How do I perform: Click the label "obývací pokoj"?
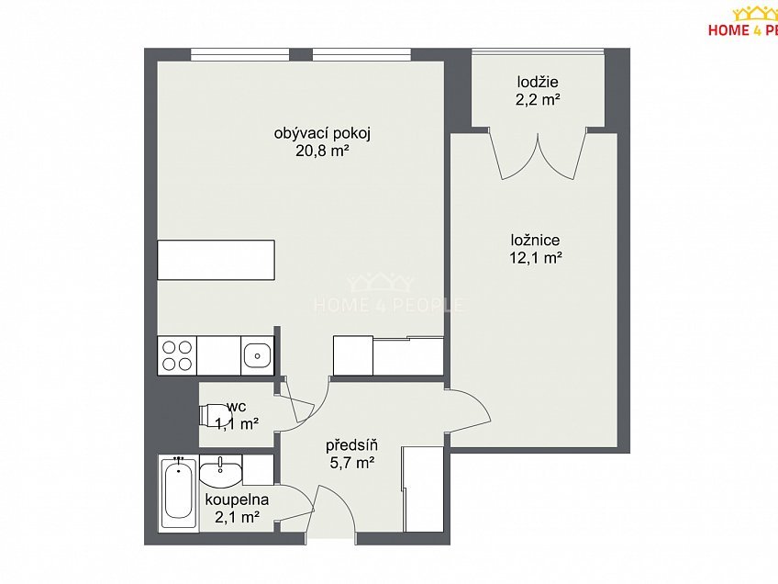pyautogui.click(x=323, y=134)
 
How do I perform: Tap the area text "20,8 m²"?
pyautogui.click(x=320, y=151)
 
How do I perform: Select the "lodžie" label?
pyautogui.click(x=538, y=82)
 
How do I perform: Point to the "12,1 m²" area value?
pyautogui.click(x=536, y=258)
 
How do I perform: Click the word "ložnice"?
pyautogui.click(x=536, y=241)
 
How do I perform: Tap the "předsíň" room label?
pyautogui.click(x=351, y=445)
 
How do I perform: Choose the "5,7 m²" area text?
pyautogui.click(x=351, y=463)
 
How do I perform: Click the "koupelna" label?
pyautogui.click(x=238, y=500)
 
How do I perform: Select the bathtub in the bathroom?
pyautogui.click(x=178, y=492)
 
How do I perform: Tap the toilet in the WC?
pyautogui.click(x=213, y=415)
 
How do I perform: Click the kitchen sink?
pyautogui.click(x=257, y=355)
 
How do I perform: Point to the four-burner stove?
pyautogui.click(x=177, y=355)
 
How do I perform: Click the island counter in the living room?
pyautogui.click(x=216, y=260)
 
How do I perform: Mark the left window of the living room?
pyautogui.click(x=240, y=54)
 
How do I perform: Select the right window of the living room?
pyautogui.click(x=361, y=54)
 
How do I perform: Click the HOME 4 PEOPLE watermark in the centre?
pyautogui.click(x=388, y=293)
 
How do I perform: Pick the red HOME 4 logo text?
pyautogui.click(x=743, y=30)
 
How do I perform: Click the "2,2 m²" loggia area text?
pyautogui.click(x=538, y=100)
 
